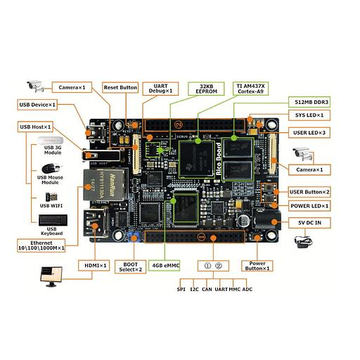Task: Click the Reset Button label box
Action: tap(120, 87)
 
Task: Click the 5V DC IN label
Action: tap(309, 221)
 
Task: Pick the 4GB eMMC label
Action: tap(164, 266)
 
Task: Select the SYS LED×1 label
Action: tap(309, 115)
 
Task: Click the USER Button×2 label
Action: tap(309, 191)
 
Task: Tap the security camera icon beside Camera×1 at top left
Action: tap(34, 86)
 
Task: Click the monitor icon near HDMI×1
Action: tap(51, 275)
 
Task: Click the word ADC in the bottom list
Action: tap(247, 289)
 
